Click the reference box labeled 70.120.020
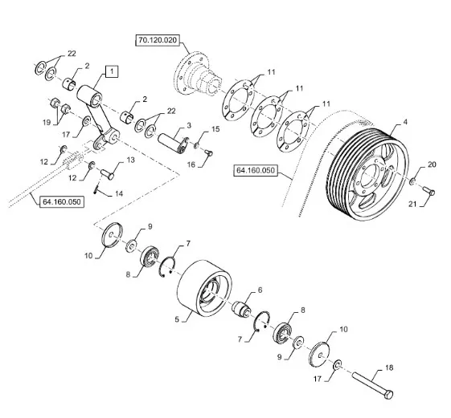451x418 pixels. [x=157, y=40]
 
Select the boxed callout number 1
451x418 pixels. [x=112, y=71]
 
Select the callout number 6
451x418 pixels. [x=260, y=290]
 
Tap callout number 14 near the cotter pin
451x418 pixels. [x=119, y=194]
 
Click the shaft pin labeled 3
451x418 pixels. [x=174, y=142]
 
